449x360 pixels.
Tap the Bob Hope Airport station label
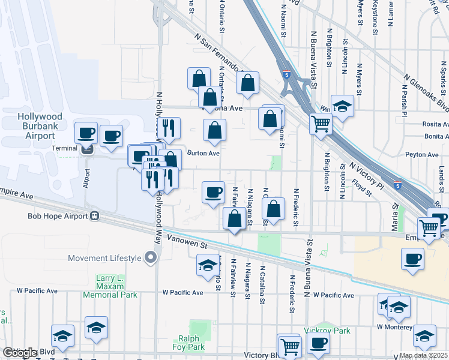click(x=57, y=217)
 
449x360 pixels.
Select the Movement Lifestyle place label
click(x=104, y=259)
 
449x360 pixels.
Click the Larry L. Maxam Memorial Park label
click(x=116, y=287)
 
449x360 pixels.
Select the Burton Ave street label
click(x=203, y=153)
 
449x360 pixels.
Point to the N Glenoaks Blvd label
click(x=426, y=93)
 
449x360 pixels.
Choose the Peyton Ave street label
click(x=423, y=155)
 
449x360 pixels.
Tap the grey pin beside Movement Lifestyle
click(x=150, y=258)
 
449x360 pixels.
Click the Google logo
click(x=20, y=353)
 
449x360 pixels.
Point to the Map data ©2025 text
click(x=423, y=355)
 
